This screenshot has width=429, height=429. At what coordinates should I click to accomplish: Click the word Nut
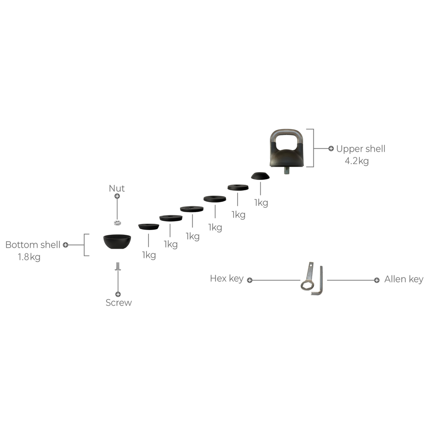click(x=117, y=188)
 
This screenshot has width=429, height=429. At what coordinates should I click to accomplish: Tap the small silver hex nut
click(x=117, y=222)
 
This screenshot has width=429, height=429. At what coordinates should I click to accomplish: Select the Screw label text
click(x=118, y=303)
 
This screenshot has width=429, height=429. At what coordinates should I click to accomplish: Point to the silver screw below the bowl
click(x=118, y=267)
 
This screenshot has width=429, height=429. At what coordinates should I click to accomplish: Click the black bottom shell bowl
click(x=117, y=241)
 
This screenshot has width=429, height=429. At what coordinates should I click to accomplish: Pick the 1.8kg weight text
click(x=29, y=257)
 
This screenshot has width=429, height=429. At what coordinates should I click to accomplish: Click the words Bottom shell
click(x=33, y=245)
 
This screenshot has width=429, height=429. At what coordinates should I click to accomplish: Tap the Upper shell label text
click(x=361, y=149)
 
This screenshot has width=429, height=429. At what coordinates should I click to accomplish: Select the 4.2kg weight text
click(x=357, y=161)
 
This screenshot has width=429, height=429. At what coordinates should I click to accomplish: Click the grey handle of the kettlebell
click(x=286, y=133)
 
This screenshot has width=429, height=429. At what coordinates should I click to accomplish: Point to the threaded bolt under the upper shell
click(x=286, y=170)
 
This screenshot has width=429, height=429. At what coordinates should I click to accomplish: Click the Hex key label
click(x=226, y=279)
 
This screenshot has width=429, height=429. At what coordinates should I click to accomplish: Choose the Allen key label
click(x=404, y=280)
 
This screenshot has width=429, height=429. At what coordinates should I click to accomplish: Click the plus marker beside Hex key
click(x=249, y=280)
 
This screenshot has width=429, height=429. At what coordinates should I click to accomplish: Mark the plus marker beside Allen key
click(x=377, y=280)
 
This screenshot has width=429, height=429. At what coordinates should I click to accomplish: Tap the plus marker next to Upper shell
click(x=331, y=149)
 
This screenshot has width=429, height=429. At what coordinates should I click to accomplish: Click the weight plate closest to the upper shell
click(x=260, y=176)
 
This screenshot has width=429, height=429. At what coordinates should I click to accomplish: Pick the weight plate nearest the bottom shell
click(x=149, y=226)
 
